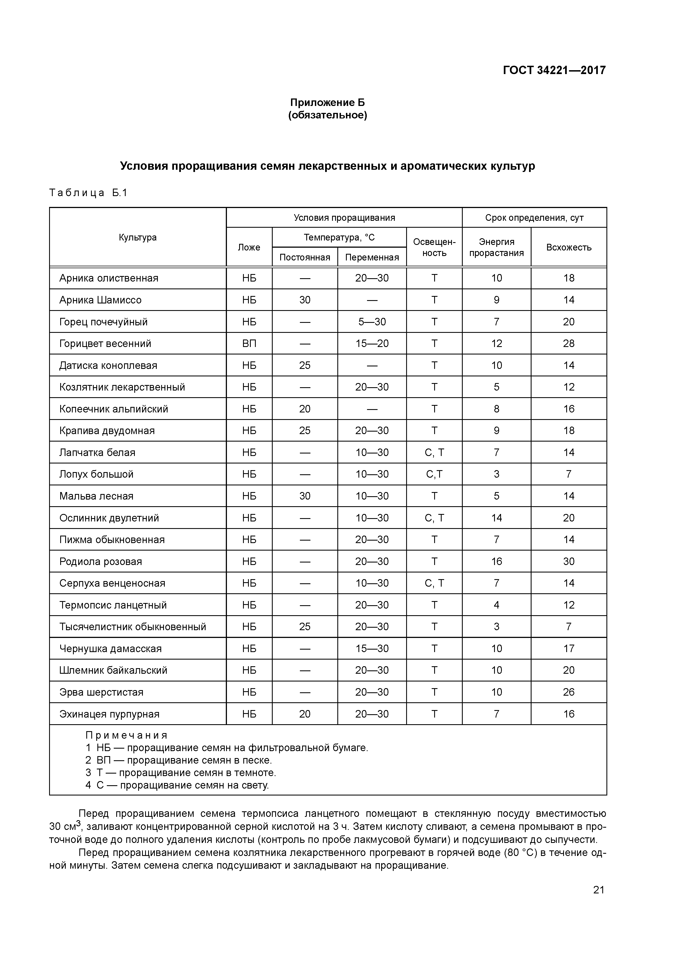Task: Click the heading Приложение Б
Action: (x=327, y=103)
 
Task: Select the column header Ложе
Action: (x=249, y=247)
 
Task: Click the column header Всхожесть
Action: (x=568, y=247)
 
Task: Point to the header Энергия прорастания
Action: (x=496, y=247)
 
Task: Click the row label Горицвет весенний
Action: (x=105, y=344)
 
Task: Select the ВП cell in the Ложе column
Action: (x=249, y=344)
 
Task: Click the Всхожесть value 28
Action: (x=568, y=344)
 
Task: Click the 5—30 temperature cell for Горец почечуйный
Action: (x=372, y=322)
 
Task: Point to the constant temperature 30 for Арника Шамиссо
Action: (x=305, y=300)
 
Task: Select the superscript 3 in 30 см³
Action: (x=79, y=823)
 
